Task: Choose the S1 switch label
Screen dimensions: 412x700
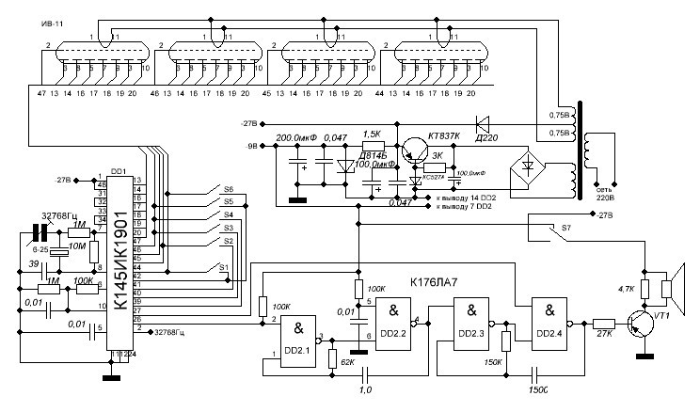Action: (x=224, y=267)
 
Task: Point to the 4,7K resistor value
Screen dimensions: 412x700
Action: (x=624, y=289)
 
